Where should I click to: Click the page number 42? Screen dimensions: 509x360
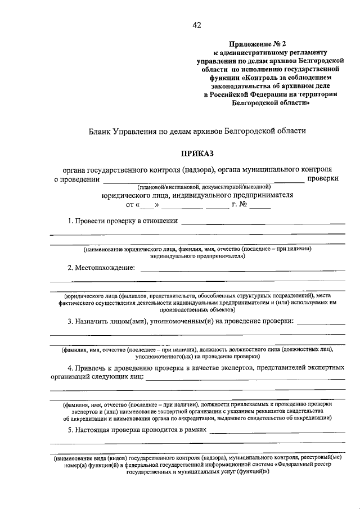coord(196,25)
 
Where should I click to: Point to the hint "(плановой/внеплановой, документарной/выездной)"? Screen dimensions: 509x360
coord(202,186)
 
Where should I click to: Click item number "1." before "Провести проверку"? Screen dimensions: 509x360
coord(71,220)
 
